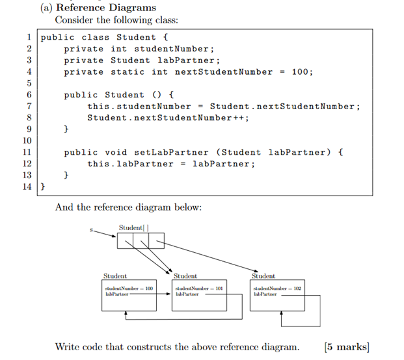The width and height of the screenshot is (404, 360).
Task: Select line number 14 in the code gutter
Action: tap(27, 187)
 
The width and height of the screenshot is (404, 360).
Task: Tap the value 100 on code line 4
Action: tap(301, 72)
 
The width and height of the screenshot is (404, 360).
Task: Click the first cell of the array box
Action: tap(125, 242)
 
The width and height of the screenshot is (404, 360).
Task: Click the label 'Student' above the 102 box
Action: tap(263, 276)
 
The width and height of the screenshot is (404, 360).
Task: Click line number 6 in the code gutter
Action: tap(29, 95)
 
